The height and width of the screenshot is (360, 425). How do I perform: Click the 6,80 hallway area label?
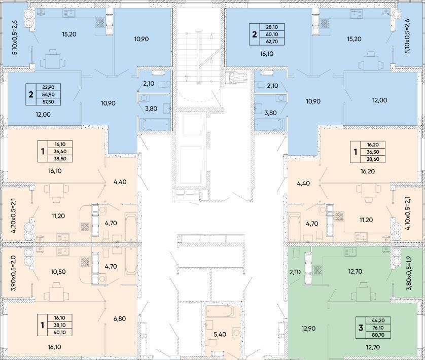click(x=120, y=318)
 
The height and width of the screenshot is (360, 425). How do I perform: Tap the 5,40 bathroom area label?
click(x=220, y=334)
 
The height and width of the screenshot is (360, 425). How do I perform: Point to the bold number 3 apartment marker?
click(x=361, y=328)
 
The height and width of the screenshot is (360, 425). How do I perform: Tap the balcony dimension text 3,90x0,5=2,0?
click(x=13, y=273)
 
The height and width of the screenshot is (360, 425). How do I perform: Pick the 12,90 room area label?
click(x=308, y=328)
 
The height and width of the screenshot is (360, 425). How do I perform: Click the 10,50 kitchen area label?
click(x=58, y=272)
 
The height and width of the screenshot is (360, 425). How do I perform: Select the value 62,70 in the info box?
click(x=272, y=42)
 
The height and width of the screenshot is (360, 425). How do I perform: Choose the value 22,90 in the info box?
click(x=48, y=87)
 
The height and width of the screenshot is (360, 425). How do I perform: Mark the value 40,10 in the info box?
click(x=60, y=332)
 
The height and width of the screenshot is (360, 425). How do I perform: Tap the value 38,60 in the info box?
click(x=373, y=159)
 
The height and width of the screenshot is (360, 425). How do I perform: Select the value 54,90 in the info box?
click(x=48, y=94)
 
